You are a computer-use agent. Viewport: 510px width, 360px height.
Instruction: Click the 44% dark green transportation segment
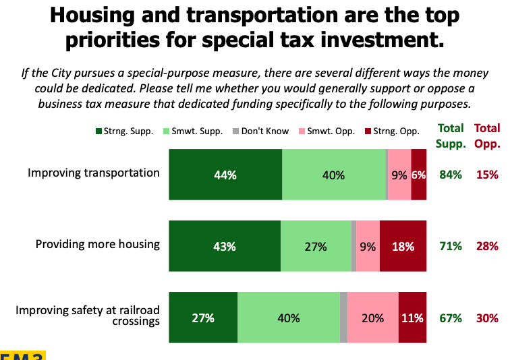tap(225, 175)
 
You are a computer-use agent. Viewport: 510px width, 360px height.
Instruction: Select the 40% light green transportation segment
tap(333, 175)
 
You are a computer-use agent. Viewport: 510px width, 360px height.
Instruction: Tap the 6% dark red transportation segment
tap(418, 175)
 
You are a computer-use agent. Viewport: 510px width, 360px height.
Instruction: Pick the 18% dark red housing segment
tap(403, 246)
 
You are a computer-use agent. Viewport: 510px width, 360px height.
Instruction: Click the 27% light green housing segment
tap(316, 246)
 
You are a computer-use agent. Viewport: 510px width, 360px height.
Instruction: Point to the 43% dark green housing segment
tap(225, 246)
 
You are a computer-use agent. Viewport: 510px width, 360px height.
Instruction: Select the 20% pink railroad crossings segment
tap(372, 318)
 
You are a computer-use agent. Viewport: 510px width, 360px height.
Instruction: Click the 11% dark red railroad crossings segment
tap(412, 318)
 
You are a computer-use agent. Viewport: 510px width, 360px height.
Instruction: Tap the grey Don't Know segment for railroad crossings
tap(343, 318)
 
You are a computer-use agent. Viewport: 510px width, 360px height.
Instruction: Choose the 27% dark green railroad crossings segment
tap(203, 318)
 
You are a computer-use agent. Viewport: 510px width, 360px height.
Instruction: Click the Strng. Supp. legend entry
tap(128, 131)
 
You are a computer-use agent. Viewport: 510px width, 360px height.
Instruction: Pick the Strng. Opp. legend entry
tap(392, 131)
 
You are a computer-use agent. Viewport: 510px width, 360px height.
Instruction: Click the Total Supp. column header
tap(450, 135)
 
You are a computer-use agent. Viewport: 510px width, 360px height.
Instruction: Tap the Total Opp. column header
tap(487, 135)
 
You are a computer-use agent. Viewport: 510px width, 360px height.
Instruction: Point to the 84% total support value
tap(450, 175)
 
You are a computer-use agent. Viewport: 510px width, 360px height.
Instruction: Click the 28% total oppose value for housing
tap(487, 246)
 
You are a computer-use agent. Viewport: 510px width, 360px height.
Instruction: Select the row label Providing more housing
tap(98, 243)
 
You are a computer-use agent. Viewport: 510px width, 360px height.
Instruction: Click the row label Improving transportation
tap(94, 173)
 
